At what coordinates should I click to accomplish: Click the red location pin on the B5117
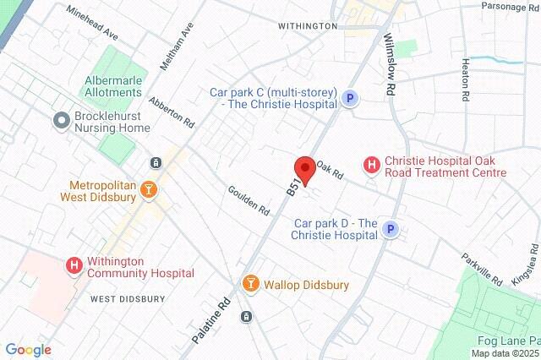[x=304, y=169]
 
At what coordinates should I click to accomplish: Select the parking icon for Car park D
[x=390, y=228]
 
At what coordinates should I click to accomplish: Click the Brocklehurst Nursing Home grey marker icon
[x=60, y=121]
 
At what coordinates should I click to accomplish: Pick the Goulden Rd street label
[x=249, y=199]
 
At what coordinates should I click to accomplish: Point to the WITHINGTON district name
[x=308, y=26]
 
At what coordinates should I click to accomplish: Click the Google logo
[x=28, y=349]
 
